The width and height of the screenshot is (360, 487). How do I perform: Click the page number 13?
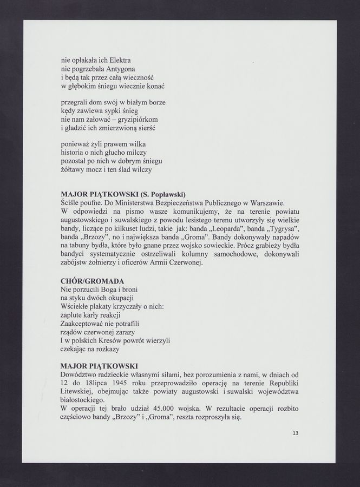click(295, 433)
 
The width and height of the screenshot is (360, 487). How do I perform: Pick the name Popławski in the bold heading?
click(165, 194)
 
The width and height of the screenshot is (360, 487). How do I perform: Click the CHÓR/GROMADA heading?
click(93, 281)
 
